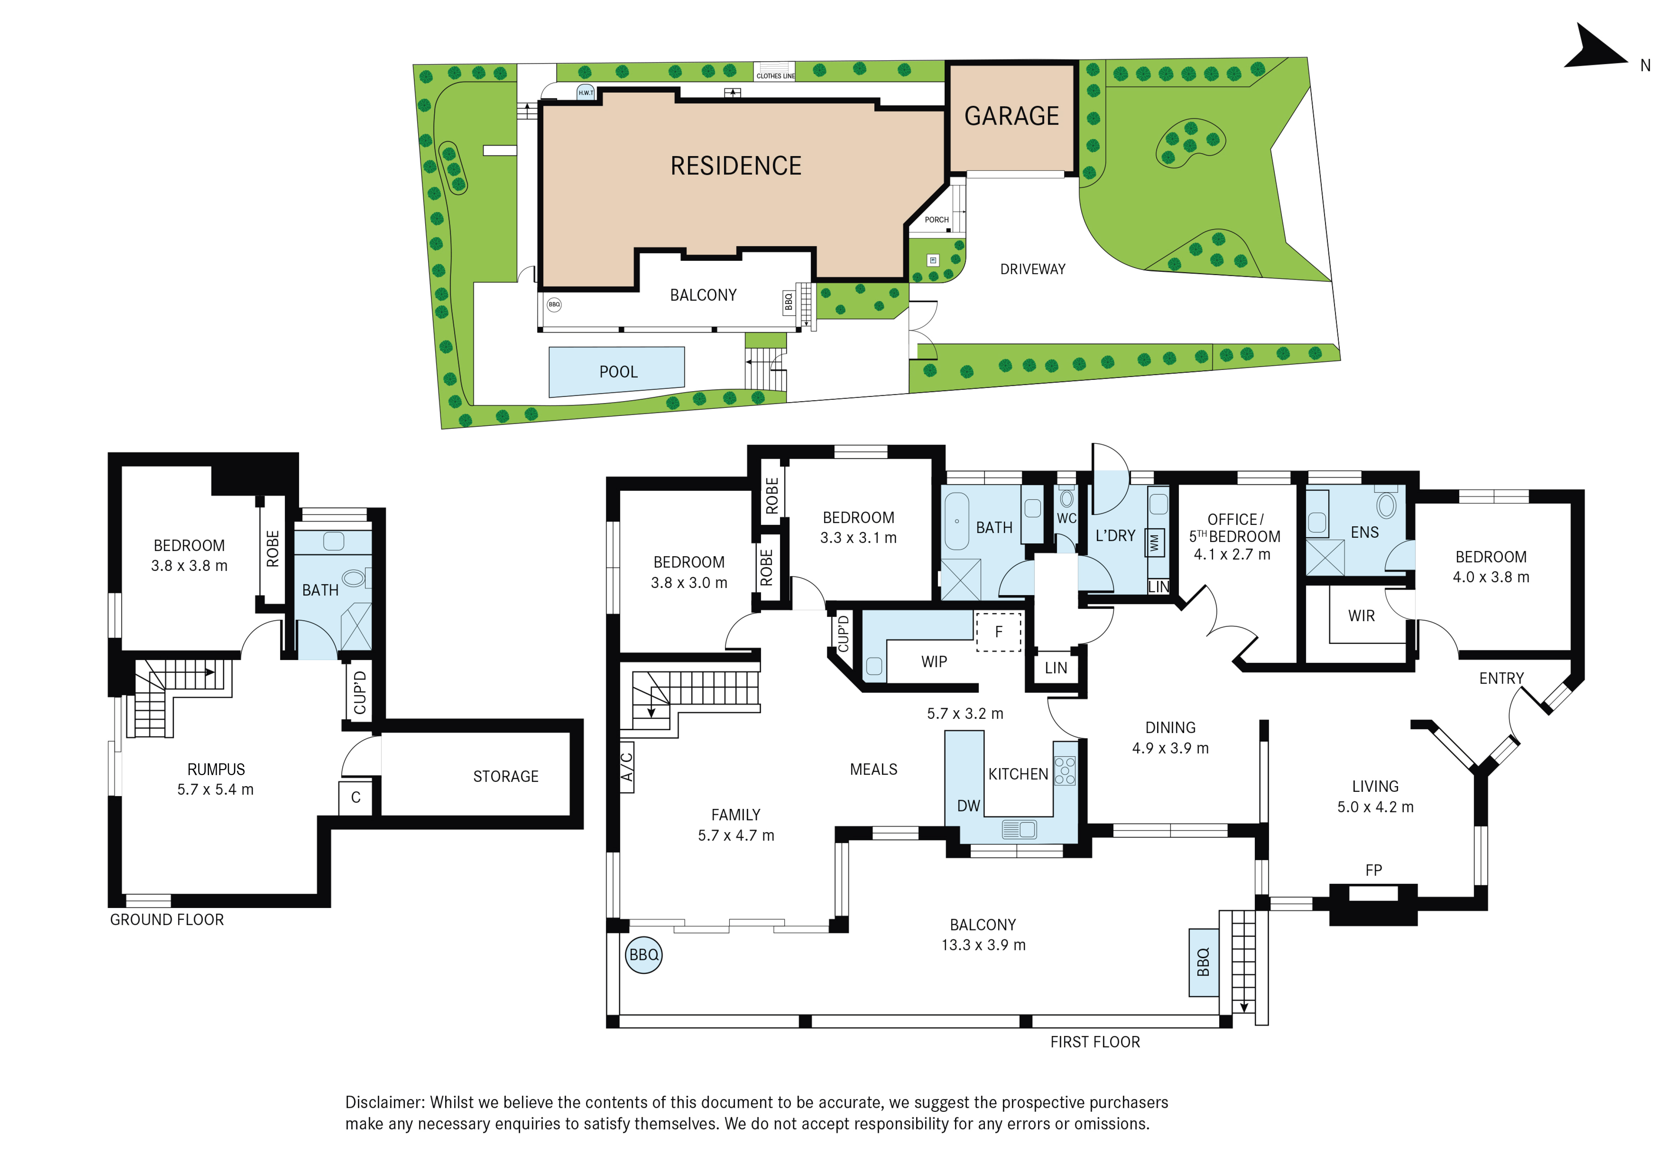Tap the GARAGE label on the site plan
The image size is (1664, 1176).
point(1012,116)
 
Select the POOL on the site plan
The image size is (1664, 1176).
point(617,372)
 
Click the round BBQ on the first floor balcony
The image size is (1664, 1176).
point(643,955)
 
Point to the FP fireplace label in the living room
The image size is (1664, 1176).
point(1373,870)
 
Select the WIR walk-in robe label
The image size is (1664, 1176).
point(1361,616)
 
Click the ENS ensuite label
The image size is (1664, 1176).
point(1365,532)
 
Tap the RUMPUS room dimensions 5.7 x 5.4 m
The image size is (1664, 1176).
point(215,790)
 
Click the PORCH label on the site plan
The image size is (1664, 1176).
point(936,220)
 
